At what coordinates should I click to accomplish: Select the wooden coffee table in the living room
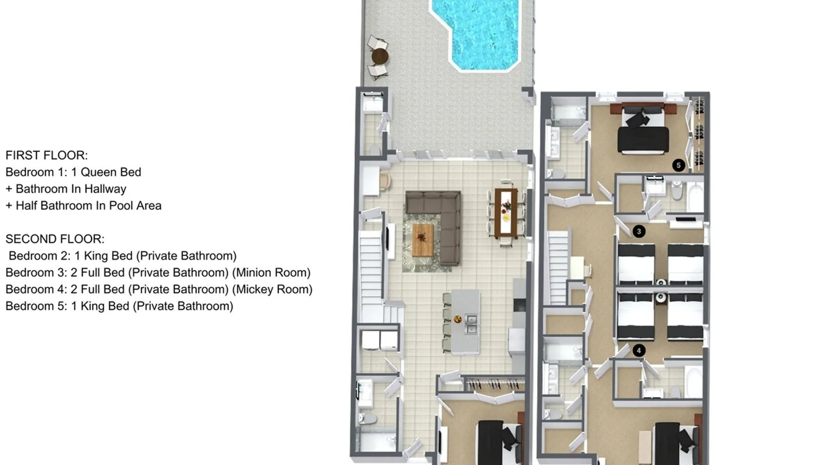pyautogui.click(x=423, y=239)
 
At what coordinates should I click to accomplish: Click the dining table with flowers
pyautogui.click(x=506, y=212)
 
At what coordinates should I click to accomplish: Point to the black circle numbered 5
pyautogui.click(x=679, y=165)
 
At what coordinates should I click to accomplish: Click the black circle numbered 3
pyautogui.click(x=639, y=231)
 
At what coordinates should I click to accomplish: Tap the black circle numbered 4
pyautogui.click(x=639, y=351)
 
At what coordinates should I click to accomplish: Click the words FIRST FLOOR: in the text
pyautogui.click(x=46, y=155)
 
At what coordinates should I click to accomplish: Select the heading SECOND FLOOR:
pyautogui.click(x=55, y=239)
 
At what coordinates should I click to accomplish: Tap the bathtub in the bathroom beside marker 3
pyautogui.click(x=695, y=197)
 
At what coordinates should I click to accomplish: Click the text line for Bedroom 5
pyautogui.click(x=119, y=306)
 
